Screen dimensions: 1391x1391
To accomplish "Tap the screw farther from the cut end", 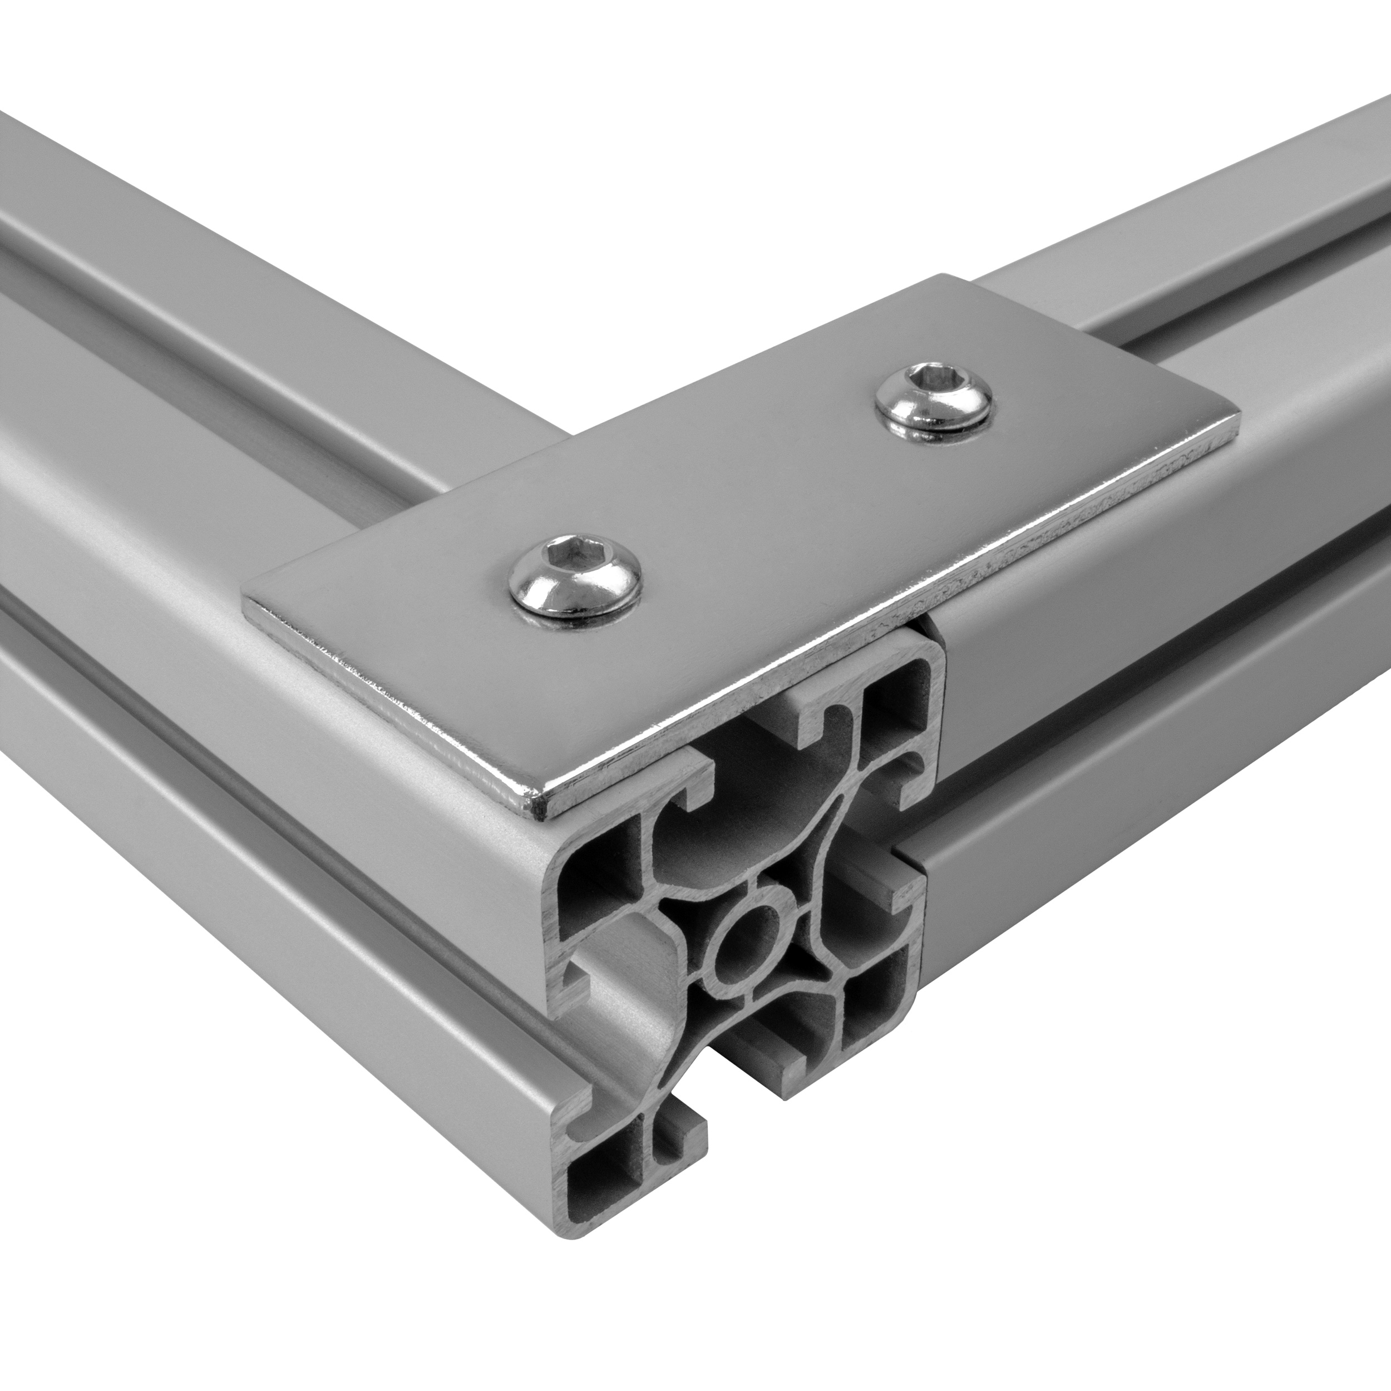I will pyautogui.click(x=934, y=399).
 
